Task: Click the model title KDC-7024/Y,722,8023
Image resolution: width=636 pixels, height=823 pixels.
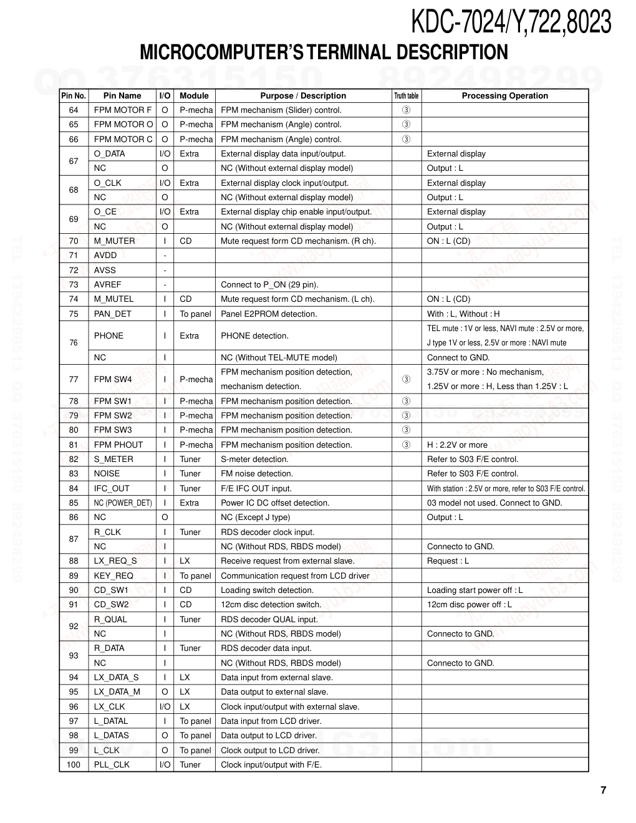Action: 510,22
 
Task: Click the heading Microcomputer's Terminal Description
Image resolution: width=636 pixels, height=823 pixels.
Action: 324,52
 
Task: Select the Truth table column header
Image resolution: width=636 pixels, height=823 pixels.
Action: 406,96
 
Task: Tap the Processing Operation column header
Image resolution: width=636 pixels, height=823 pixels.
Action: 504,96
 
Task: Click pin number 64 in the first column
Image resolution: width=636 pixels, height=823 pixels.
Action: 74,110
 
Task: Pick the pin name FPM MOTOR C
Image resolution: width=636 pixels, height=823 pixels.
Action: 123,140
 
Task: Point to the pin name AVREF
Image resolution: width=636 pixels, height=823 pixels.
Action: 107,285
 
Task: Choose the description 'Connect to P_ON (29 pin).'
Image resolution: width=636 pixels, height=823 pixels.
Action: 269,285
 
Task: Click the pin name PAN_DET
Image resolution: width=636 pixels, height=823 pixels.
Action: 112,314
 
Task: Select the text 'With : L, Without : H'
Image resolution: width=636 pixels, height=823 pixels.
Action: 463,314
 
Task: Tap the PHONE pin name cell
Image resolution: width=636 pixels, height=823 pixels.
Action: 108,336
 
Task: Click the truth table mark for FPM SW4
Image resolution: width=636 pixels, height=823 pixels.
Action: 406,379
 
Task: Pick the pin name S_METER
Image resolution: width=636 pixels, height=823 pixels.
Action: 113,460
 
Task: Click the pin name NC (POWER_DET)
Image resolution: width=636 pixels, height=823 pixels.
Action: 123,503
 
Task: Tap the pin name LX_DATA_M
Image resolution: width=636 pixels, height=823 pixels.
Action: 117,692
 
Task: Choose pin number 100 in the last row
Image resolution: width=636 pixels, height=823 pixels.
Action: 74,765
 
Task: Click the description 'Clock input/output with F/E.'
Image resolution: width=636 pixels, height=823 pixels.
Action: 271,765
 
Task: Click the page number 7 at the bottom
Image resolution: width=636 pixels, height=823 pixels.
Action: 603,791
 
